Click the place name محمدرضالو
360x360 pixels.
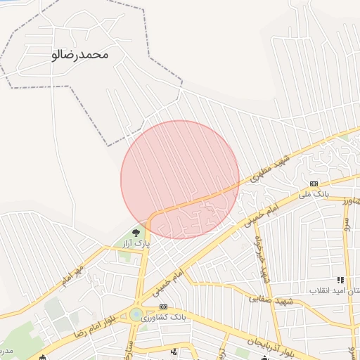click(x=81, y=53)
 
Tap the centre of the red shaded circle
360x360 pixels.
click(x=180, y=179)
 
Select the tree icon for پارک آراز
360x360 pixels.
click(x=136, y=232)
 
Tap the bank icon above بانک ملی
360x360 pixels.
click(x=314, y=183)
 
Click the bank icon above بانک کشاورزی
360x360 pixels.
click(x=164, y=307)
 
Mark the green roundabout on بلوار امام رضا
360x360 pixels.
click(x=136, y=314)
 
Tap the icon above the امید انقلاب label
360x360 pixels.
click(x=341, y=280)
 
